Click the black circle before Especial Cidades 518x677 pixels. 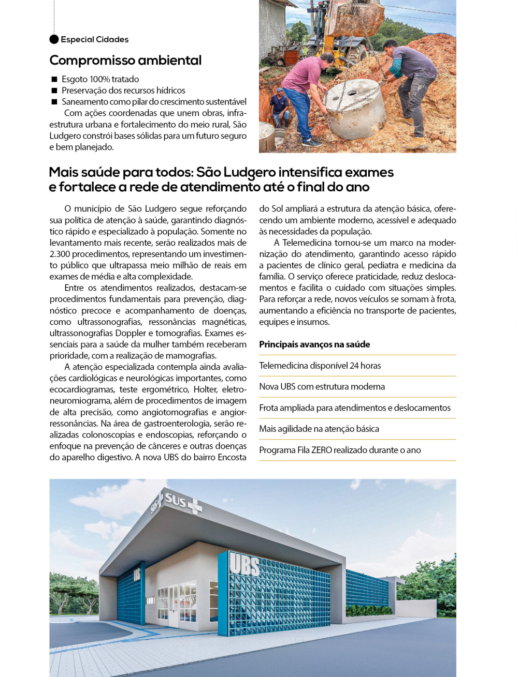coord(54,39)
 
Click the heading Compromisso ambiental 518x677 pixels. coord(125,61)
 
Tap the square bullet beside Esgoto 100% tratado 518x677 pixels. coord(54,79)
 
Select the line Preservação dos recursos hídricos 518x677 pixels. coord(123,91)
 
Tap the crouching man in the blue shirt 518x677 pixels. coord(280,108)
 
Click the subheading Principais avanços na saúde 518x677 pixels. coord(314,344)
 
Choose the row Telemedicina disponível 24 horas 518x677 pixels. coord(320,366)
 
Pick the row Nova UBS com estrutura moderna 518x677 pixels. coord(322,387)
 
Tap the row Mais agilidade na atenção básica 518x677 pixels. coord(319,429)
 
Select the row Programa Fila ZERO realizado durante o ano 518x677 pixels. coord(340,450)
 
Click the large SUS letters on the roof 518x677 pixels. coord(175,500)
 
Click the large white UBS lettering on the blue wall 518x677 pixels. coord(244,565)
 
